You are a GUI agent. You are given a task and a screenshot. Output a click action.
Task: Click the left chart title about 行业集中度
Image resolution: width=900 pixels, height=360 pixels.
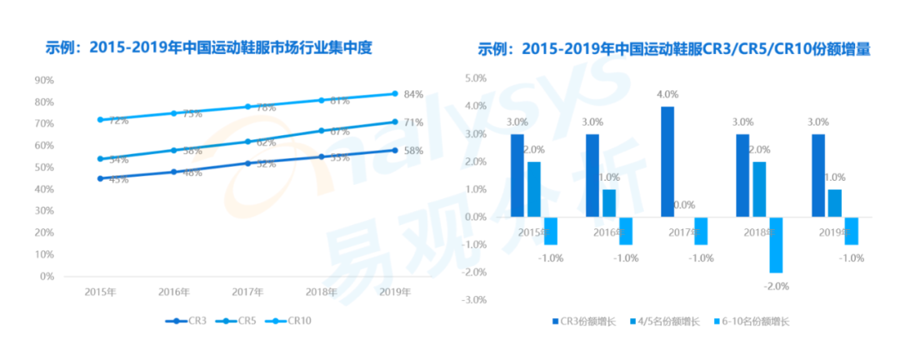(208, 49)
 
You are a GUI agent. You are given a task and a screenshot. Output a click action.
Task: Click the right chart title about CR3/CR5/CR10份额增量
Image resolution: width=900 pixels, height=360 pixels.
(674, 49)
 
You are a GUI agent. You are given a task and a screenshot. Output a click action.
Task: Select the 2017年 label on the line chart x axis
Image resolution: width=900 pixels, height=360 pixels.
(247, 292)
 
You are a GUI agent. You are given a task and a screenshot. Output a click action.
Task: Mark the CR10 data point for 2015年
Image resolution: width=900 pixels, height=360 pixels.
(100, 120)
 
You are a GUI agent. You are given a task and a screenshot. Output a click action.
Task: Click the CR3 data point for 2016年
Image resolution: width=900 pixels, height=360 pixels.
(174, 172)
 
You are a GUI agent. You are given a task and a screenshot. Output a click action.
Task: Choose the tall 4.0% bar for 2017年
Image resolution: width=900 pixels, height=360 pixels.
(667, 162)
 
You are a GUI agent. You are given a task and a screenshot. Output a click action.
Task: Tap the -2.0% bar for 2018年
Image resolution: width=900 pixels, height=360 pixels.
(776, 245)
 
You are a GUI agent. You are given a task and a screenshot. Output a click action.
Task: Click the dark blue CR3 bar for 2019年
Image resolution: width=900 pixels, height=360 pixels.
(817, 175)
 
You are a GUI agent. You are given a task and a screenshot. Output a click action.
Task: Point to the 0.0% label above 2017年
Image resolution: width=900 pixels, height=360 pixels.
(685, 205)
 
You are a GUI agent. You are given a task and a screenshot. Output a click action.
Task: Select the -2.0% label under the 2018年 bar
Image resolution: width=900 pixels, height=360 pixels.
(776, 286)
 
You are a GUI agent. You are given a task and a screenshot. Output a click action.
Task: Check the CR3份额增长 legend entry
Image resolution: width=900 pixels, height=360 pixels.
(588, 321)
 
